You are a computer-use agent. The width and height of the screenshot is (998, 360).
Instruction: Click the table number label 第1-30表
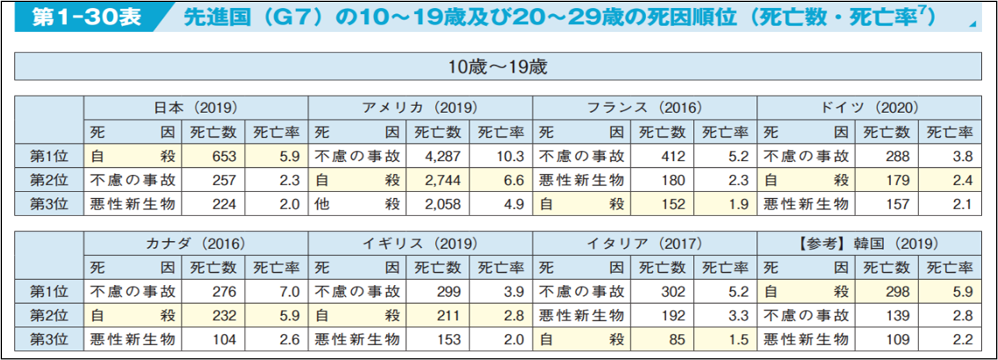pos(87,16)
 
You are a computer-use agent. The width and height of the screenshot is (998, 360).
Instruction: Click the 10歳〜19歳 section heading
pos(497,66)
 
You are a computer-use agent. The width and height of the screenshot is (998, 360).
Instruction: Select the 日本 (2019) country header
pos(196,107)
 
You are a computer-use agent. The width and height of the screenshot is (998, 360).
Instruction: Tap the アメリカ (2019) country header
pos(420,107)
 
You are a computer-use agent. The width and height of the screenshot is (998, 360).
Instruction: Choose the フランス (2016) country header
pos(644,107)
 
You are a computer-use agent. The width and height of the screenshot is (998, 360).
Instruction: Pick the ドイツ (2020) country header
pos(869,107)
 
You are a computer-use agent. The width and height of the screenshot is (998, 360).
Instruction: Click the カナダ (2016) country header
pos(196,243)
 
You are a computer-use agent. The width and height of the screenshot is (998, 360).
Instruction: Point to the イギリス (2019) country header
pos(420,243)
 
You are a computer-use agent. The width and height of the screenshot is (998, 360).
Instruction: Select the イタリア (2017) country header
pos(644,243)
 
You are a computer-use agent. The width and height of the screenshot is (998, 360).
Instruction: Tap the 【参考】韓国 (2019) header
pos(869,243)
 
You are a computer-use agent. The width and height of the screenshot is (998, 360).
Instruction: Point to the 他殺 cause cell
pos(358,204)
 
